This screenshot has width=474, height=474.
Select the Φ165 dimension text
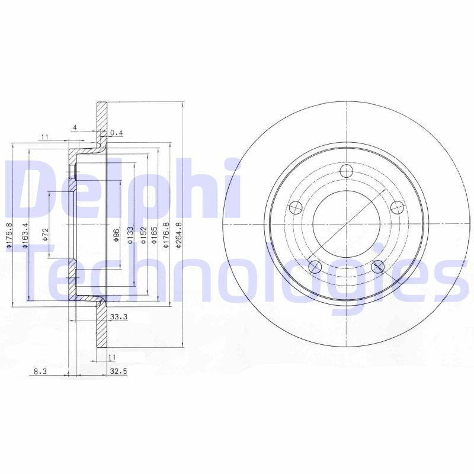(154, 235)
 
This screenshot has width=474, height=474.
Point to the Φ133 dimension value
(130, 235)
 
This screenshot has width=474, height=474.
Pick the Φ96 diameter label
(117, 235)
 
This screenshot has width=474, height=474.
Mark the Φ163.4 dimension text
(25, 235)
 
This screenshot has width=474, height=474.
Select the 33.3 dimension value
(119, 318)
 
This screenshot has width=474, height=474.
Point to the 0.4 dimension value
(116, 133)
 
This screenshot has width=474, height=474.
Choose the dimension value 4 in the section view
(75, 127)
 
